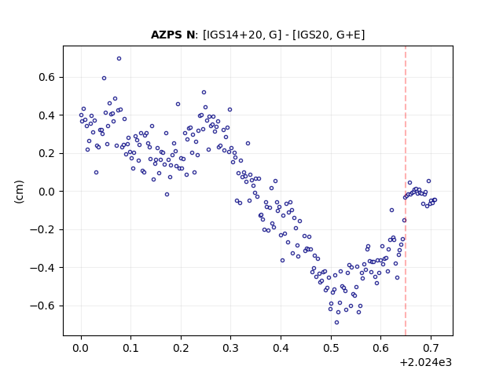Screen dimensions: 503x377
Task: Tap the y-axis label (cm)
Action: point(19,192)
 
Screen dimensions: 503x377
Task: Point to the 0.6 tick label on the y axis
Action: point(47,77)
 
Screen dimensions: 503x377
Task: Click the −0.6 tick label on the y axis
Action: point(42,306)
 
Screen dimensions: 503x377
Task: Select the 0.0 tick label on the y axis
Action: point(47,192)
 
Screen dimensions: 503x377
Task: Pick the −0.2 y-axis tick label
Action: point(42,229)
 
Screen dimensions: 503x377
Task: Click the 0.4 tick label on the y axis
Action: point(47,115)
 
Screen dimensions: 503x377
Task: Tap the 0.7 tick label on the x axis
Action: point(431,348)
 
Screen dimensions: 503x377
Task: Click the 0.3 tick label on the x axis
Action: point(230,348)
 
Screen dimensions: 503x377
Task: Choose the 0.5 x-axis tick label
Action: point(331,348)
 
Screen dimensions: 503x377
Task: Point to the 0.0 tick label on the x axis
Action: point(81,348)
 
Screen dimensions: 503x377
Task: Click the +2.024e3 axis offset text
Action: point(425,362)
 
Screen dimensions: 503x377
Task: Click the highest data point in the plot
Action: point(119,59)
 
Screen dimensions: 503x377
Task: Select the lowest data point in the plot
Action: point(336,323)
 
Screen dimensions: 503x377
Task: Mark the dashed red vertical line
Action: point(406,191)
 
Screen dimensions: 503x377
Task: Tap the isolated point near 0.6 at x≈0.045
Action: point(104,79)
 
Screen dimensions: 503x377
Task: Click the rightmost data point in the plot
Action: point(435,200)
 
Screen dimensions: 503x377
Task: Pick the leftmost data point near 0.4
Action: point(81,115)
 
